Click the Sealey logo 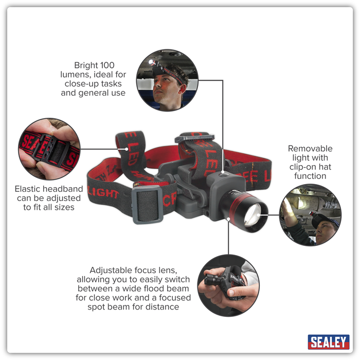[x=328, y=342]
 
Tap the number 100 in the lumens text [x=107, y=65]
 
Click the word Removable [x=310, y=149]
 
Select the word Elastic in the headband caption [x=27, y=189]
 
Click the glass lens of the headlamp [x=253, y=214]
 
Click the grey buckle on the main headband [x=147, y=205]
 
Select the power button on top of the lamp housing [x=223, y=174]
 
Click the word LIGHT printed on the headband [x=103, y=192]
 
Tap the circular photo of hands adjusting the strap [x=49, y=149]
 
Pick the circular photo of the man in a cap [x=310, y=214]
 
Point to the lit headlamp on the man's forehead [x=152, y=62]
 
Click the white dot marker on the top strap [x=127, y=149]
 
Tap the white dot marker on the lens [x=259, y=215]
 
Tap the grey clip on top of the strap [x=194, y=138]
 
